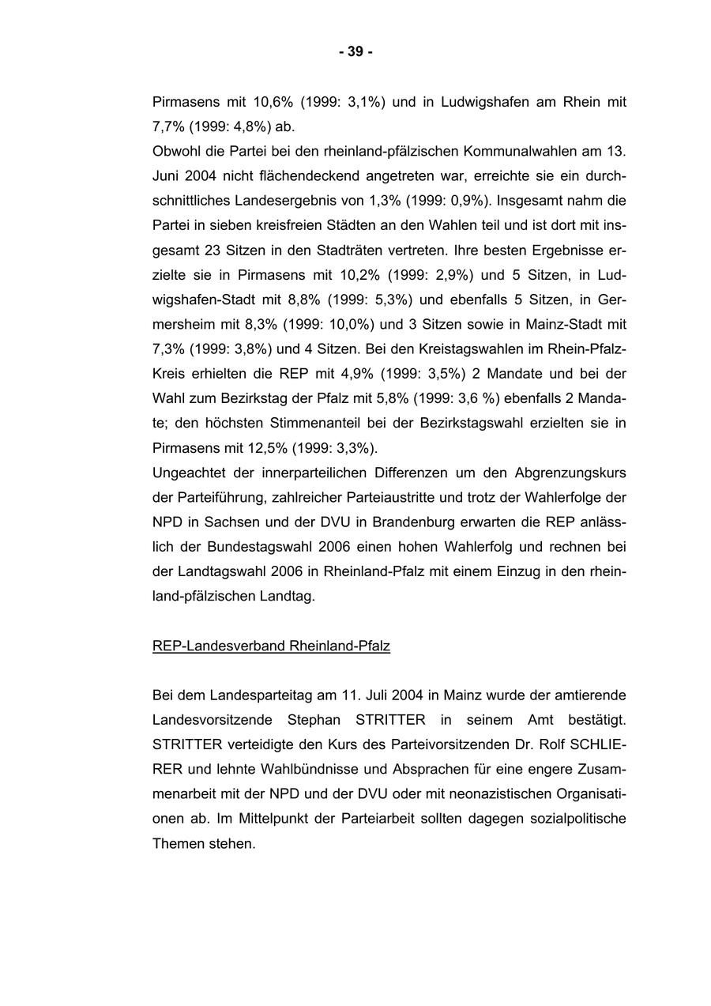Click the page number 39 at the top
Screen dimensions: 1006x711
click(x=355, y=52)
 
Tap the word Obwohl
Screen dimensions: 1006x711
click(x=175, y=150)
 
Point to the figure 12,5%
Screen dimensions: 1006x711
click(x=267, y=448)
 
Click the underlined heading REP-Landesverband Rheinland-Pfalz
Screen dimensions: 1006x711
click(x=271, y=646)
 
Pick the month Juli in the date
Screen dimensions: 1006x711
click(x=378, y=695)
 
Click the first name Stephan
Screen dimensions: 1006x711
click(x=314, y=720)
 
